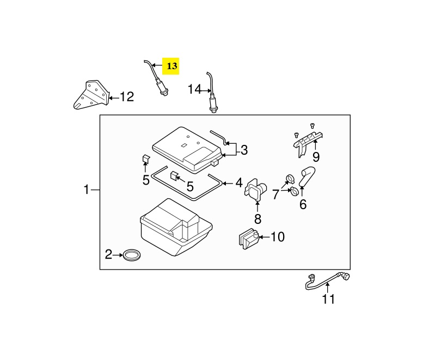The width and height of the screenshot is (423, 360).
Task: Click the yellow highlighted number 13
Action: click(x=172, y=66)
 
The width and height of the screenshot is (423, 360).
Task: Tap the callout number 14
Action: click(x=194, y=89)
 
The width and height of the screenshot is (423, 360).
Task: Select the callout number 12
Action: click(x=127, y=96)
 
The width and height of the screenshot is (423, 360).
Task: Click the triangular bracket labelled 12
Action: click(x=91, y=94)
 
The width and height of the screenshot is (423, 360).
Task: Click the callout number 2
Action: click(x=108, y=254)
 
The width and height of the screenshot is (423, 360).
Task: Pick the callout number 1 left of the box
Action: click(x=87, y=190)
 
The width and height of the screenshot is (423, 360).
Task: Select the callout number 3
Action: click(x=244, y=150)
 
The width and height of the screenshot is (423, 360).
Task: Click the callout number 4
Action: click(x=239, y=182)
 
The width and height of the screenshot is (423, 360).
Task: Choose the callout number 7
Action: click(x=275, y=194)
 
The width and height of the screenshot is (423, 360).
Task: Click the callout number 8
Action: click(x=258, y=219)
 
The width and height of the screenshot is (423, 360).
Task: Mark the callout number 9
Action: click(x=316, y=157)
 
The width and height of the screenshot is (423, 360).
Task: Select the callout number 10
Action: click(x=278, y=237)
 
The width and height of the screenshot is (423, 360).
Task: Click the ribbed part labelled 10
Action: click(x=249, y=239)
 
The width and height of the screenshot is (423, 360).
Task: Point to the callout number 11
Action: click(x=329, y=299)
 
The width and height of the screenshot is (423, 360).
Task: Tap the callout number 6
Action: click(x=303, y=204)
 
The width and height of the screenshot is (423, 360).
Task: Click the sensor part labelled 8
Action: click(x=255, y=190)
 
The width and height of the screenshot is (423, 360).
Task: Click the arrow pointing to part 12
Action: click(x=114, y=97)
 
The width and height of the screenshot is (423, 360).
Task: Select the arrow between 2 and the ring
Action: click(x=118, y=254)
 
